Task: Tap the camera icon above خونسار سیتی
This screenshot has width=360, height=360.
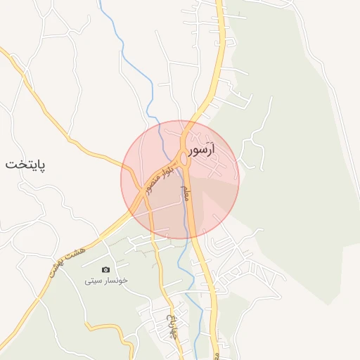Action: [105, 269]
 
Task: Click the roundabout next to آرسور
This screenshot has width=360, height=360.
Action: [184, 160]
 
